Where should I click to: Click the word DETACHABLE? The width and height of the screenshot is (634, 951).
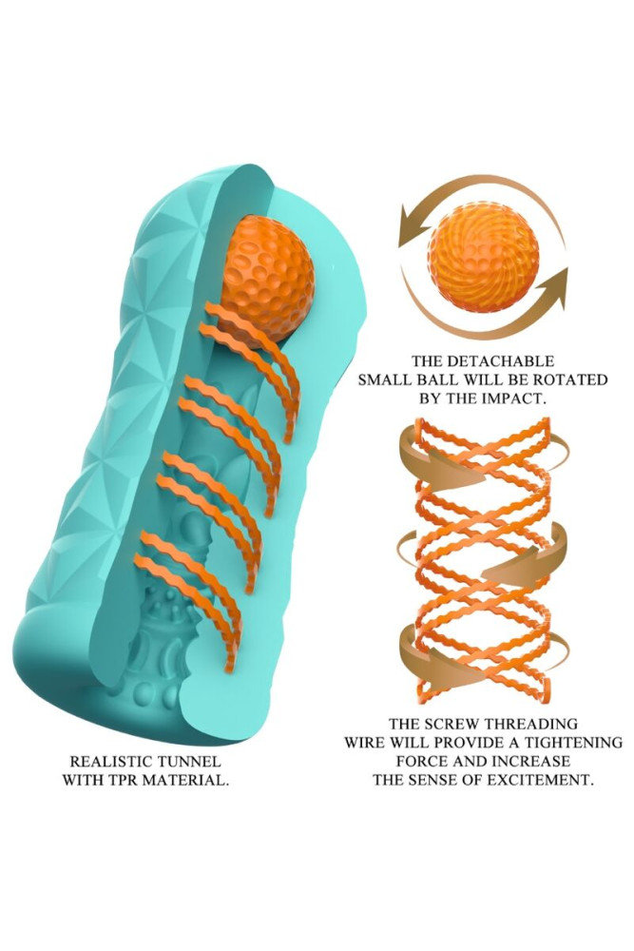tap(514, 361)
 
